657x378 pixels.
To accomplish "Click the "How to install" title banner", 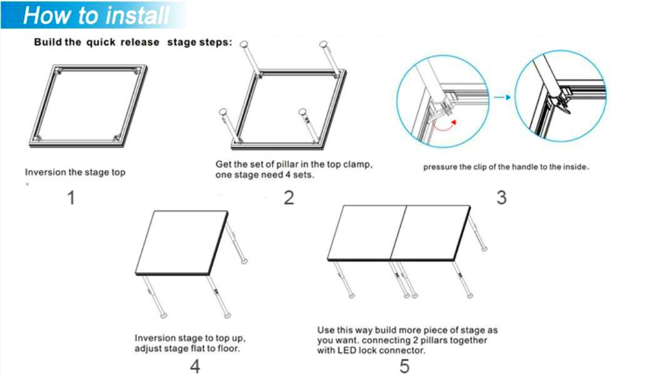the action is tap(94, 16).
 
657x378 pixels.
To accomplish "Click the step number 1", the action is tap(71, 197).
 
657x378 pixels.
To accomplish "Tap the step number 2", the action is tap(289, 197).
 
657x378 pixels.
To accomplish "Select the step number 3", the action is tap(501, 197).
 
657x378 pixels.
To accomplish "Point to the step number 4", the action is tap(195, 366).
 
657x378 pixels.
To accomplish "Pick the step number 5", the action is tap(404, 366).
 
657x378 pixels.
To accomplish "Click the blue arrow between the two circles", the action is tap(502, 97).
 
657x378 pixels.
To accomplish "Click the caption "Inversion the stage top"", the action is tap(75, 172).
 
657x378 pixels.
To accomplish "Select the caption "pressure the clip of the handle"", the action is tap(481, 167).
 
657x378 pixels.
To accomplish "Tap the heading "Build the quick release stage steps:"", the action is tap(133, 42).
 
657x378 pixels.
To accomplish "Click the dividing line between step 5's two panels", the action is tap(398, 232).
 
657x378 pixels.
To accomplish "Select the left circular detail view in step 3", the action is tap(443, 102).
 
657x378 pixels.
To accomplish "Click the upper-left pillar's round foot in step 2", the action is tap(243, 44).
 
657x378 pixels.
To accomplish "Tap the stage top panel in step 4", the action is tap(181, 243).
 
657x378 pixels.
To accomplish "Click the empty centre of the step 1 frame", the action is tap(88, 104).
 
